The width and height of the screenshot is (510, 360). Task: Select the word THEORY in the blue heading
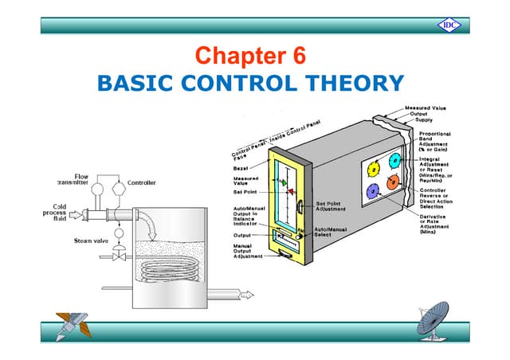(355, 82)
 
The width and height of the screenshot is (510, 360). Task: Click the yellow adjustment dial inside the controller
(372, 169)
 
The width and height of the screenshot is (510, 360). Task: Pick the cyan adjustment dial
(395, 160)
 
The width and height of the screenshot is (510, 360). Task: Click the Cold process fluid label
(55, 213)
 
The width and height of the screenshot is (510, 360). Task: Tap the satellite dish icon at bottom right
(437, 322)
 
